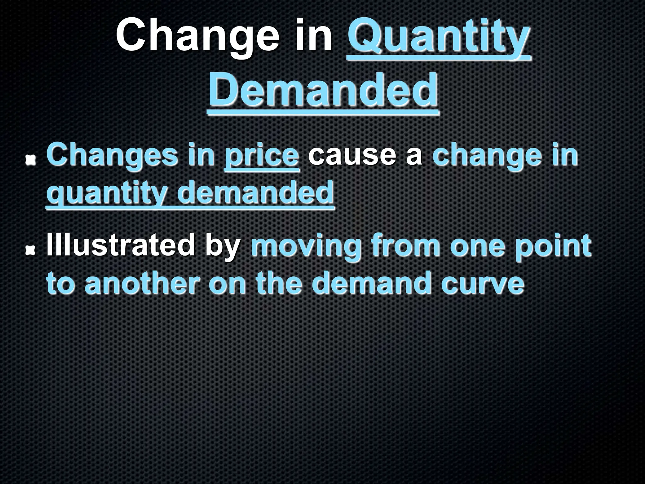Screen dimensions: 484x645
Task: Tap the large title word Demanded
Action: tap(323, 90)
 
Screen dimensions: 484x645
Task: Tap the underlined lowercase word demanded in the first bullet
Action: tap(255, 192)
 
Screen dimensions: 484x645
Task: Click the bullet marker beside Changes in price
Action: tap(31, 160)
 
